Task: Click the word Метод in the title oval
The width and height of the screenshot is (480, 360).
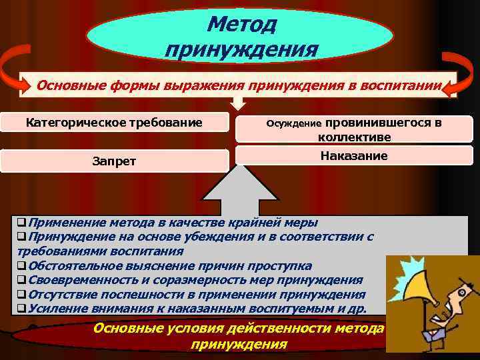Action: point(241,25)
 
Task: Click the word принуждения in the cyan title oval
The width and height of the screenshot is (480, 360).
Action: point(241,50)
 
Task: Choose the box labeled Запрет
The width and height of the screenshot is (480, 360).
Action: point(114,160)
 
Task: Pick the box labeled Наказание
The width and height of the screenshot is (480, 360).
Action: point(353,156)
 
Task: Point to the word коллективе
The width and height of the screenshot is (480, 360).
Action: point(354,137)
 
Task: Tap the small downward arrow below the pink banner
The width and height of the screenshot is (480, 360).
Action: point(239,103)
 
